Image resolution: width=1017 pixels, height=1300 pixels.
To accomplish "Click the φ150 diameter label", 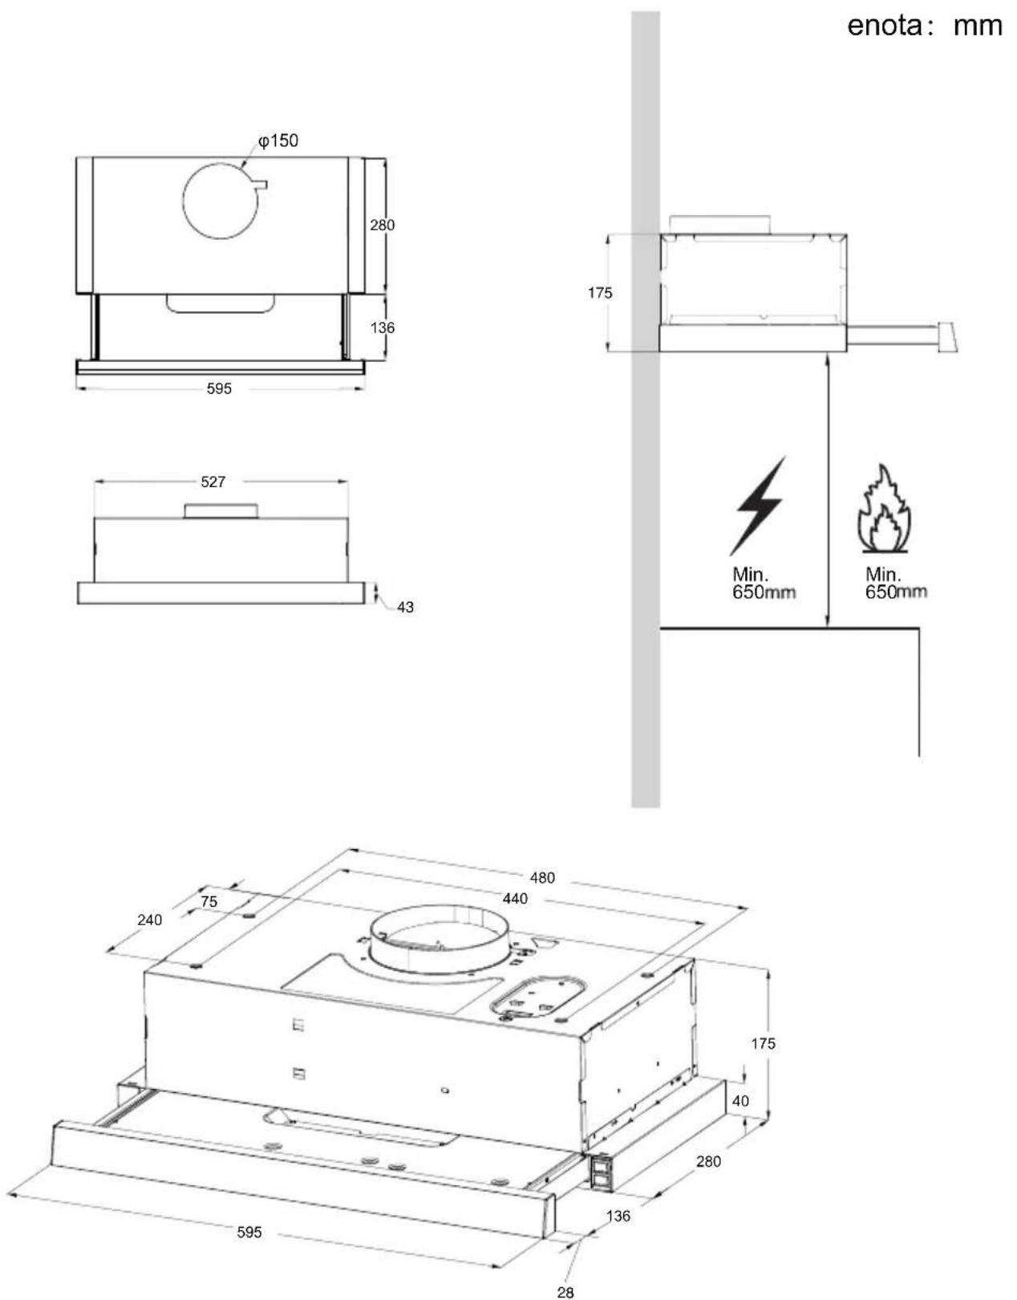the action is coord(278,141).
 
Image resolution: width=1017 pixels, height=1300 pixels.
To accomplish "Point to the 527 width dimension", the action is coord(213,481).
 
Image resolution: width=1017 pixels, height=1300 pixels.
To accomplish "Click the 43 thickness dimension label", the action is coord(405,607).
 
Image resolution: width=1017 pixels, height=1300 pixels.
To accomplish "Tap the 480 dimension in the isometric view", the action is coord(542,878).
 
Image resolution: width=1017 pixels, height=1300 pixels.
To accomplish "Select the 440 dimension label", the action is coord(515,899).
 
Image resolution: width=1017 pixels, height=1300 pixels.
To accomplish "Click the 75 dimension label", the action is coord(209,901).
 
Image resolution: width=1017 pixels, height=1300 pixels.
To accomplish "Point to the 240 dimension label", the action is coord(149,920).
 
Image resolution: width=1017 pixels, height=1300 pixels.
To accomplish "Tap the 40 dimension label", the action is coord(740,1101).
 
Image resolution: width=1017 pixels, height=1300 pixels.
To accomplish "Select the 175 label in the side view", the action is coord(600,293).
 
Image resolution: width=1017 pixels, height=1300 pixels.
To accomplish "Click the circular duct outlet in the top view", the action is coord(222,200).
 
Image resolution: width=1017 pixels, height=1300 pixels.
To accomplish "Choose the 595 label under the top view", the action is coord(219,389).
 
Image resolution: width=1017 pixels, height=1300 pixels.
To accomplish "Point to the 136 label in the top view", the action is coord(382,328).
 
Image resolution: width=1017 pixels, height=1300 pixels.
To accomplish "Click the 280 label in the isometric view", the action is coord(708,1161).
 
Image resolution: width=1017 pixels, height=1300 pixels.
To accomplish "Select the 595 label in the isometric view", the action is coord(249,1233).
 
